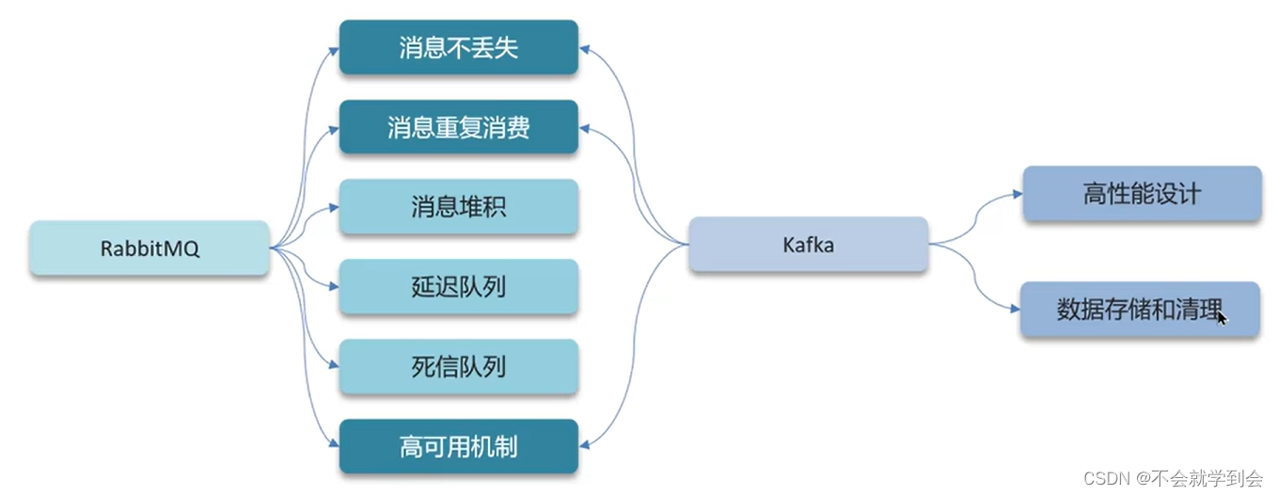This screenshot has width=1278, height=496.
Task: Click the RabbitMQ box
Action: (149, 248)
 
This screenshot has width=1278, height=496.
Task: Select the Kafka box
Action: (808, 245)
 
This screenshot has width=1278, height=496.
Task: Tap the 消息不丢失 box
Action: (458, 48)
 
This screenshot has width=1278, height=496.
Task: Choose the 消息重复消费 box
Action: (458, 127)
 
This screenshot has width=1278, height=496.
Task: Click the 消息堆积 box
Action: (458, 206)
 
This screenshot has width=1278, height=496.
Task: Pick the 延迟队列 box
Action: (458, 286)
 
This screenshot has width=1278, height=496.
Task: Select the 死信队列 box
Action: (458, 366)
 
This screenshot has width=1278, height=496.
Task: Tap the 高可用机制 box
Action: (458, 446)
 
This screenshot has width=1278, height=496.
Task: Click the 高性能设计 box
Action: (1141, 194)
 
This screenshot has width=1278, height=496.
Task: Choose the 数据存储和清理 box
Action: (1139, 309)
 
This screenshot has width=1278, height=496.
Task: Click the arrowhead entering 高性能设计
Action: (1017, 194)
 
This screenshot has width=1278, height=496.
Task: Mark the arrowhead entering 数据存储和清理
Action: (1015, 309)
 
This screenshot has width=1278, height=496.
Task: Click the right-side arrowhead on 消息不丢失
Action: (585, 46)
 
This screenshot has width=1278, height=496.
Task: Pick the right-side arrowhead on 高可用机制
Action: (585, 446)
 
